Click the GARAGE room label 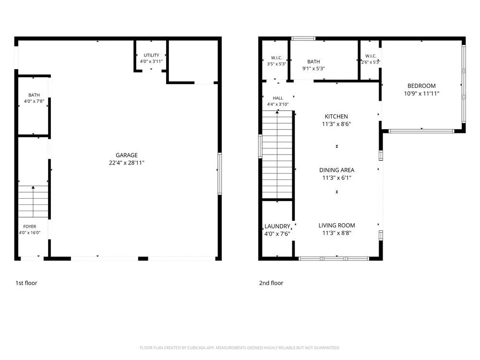click(x=126, y=155)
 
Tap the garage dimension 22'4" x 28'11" click(x=126, y=163)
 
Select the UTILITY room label click(x=151, y=55)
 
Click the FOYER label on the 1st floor click(x=30, y=227)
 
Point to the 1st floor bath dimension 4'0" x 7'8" click(x=34, y=101)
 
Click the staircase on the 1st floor click(x=33, y=202)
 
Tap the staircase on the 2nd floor click(x=277, y=155)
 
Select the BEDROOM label click(x=421, y=86)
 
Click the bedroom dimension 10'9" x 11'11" click(x=421, y=94)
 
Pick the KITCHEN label click(x=336, y=116)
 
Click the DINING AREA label click(x=337, y=170)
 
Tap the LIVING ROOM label click(x=337, y=225)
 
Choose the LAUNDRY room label click(x=277, y=226)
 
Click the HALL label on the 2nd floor click(x=277, y=98)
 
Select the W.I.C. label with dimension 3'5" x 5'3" click(x=276, y=58)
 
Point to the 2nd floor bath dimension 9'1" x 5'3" click(x=313, y=69)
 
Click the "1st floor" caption click(x=26, y=283)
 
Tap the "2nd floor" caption click(x=271, y=283)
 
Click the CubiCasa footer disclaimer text click(x=240, y=348)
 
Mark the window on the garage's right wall click(x=219, y=174)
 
